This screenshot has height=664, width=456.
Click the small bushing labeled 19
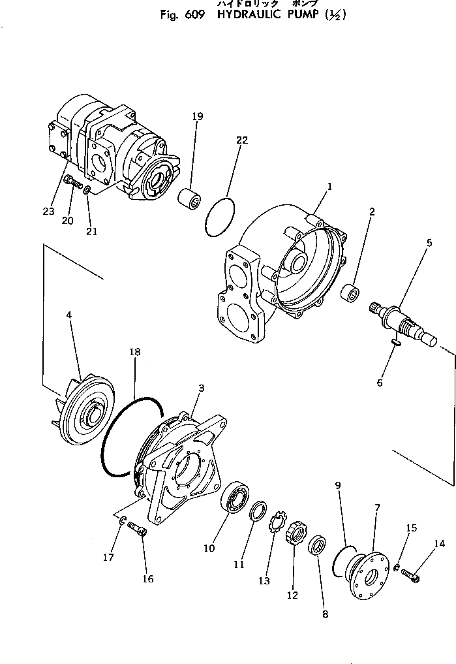pos(190,197)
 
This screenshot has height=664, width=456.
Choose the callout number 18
pos(135,351)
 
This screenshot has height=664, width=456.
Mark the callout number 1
pos(330,187)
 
